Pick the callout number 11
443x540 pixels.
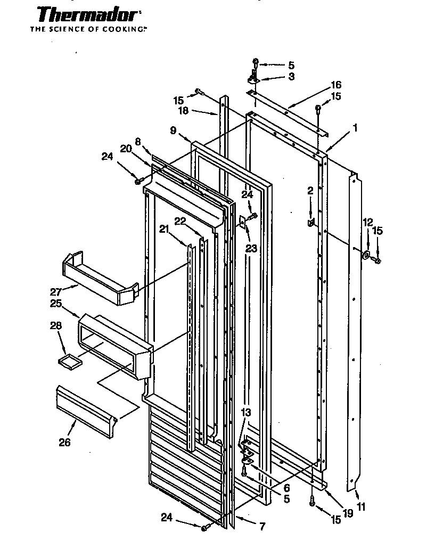[x=361, y=507]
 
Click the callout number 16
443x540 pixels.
[x=336, y=85]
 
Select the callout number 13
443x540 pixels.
[x=245, y=412]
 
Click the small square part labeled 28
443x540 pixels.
[x=71, y=362]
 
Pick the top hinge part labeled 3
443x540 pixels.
[x=253, y=79]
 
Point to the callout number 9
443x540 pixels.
[x=173, y=129]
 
